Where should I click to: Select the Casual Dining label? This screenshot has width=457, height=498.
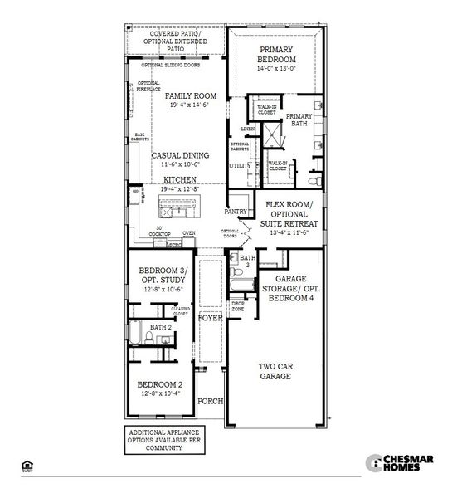(180, 155)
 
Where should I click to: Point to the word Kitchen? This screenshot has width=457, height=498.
(180, 179)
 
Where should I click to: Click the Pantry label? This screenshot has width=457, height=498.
(236, 212)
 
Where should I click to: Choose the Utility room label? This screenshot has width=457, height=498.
(240, 166)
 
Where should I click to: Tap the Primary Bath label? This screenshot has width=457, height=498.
(296, 120)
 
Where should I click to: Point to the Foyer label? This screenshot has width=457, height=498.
(209, 316)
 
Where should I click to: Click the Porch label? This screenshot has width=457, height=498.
(211, 401)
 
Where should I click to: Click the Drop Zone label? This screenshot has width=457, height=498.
(238, 306)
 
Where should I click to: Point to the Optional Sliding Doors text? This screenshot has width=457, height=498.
(170, 65)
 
